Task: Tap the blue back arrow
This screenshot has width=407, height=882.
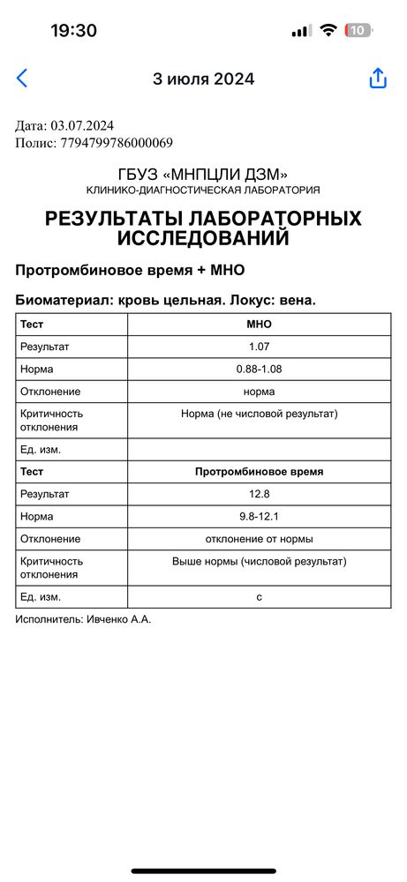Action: click(x=22, y=78)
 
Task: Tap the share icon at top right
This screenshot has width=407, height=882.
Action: click(x=378, y=78)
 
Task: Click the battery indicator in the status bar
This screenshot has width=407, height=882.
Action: click(x=358, y=30)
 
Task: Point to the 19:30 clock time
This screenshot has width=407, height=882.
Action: click(x=73, y=30)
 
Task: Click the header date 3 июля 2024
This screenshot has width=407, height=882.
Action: click(x=203, y=78)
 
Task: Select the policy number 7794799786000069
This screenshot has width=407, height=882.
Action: click(x=117, y=142)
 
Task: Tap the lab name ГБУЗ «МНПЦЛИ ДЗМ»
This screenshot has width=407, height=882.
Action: click(x=203, y=174)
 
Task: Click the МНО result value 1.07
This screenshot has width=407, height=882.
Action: click(x=259, y=347)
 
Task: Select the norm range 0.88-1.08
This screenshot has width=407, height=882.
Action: click(x=259, y=369)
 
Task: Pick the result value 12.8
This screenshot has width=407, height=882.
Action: click(x=259, y=494)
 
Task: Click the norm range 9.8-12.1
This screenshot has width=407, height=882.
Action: click(x=259, y=516)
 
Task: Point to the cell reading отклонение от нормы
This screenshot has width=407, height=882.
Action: click(x=259, y=538)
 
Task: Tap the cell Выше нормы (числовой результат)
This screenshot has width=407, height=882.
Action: click(x=259, y=561)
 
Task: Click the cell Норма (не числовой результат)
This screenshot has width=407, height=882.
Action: click(x=259, y=413)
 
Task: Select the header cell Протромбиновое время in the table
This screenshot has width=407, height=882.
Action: click(x=259, y=472)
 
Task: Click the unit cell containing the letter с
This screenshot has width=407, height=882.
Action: click(x=259, y=597)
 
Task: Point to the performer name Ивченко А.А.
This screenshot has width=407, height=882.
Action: click(x=118, y=620)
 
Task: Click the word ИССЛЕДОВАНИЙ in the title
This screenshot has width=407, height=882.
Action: click(x=203, y=237)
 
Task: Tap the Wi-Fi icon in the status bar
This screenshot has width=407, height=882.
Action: click(x=328, y=30)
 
